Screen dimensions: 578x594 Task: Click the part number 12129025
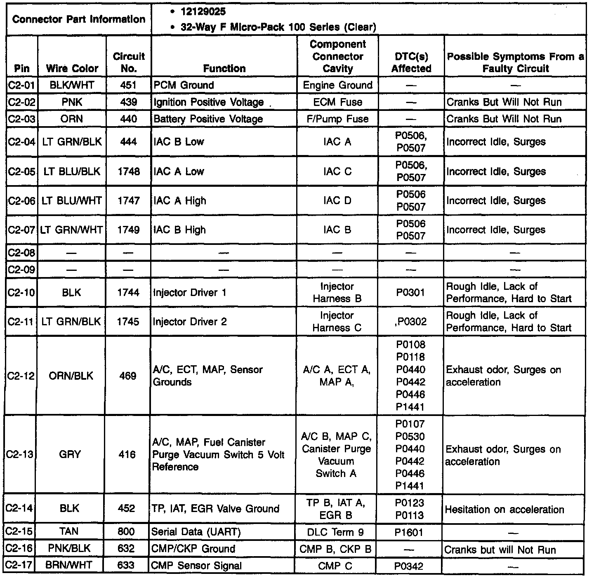[x=203, y=12]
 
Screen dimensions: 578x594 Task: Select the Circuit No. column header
[x=129, y=62]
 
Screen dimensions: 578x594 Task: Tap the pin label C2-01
[x=22, y=85]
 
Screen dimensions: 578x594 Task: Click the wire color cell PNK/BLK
[x=69, y=549]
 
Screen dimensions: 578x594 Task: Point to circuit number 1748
[x=128, y=172]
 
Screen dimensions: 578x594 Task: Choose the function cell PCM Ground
[x=184, y=85]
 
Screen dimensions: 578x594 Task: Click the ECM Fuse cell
[x=337, y=102]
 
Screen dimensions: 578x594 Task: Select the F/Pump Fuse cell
[x=337, y=119]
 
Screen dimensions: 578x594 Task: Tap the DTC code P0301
[x=410, y=293]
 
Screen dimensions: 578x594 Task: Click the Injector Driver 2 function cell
[x=190, y=322]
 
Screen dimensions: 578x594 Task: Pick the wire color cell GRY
[x=69, y=454]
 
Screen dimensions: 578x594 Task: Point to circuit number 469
[x=127, y=376]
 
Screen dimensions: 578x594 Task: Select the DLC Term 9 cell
[x=335, y=532]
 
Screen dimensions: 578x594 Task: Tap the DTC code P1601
[x=409, y=533]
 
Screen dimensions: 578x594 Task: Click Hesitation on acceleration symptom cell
[x=504, y=510]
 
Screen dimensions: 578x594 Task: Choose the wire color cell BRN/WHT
[x=69, y=565]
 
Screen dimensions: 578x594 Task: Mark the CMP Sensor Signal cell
[x=196, y=566]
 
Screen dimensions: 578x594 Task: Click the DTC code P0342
[x=409, y=566]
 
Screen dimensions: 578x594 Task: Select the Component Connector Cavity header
[x=337, y=56]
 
